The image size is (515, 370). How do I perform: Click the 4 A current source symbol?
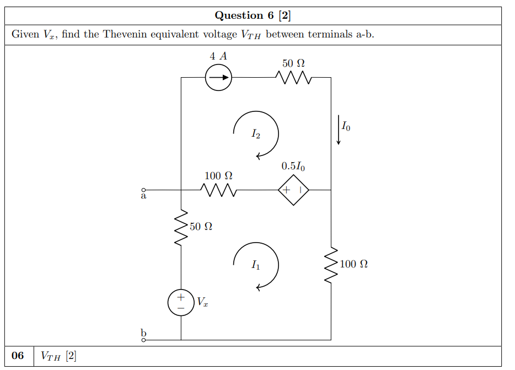tap(218, 78)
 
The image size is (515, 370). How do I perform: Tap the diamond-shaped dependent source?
tap(293, 190)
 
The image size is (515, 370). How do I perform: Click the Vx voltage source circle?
tap(181, 303)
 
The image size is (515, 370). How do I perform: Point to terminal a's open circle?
tap(144, 190)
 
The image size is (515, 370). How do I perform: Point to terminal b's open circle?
tap(144, 340)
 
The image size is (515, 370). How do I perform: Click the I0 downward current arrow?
tap(339, 130)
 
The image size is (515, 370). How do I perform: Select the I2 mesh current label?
tap(255, 133)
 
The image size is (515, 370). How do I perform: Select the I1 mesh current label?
tap(255, 266)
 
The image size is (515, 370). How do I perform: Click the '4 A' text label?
tap(218, 56)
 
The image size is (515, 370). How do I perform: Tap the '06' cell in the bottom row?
tap(18, 356)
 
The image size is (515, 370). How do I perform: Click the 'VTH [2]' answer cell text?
tap(58, 356)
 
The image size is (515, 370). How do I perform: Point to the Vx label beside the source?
tap(202, 302)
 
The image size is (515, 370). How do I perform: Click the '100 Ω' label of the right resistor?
tap(353, 264)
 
